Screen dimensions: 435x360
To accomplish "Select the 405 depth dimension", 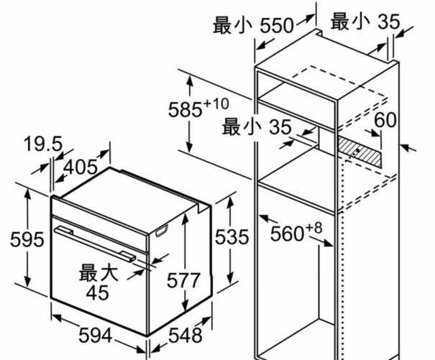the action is [81, 167].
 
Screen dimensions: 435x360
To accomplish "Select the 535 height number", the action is [232, 236].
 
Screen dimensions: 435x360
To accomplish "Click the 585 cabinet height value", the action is [185, 110].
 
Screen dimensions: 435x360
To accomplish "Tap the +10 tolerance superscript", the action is [216, 103].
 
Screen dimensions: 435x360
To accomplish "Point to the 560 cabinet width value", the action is [287, 234].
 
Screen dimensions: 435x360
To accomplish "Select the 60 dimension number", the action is [385, 120].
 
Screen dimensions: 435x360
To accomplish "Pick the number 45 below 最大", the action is [96, 292].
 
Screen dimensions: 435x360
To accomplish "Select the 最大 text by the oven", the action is [98, 273].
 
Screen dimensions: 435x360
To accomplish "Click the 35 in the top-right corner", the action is [388, 22].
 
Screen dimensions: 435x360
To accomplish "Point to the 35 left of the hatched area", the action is [280, 127].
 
